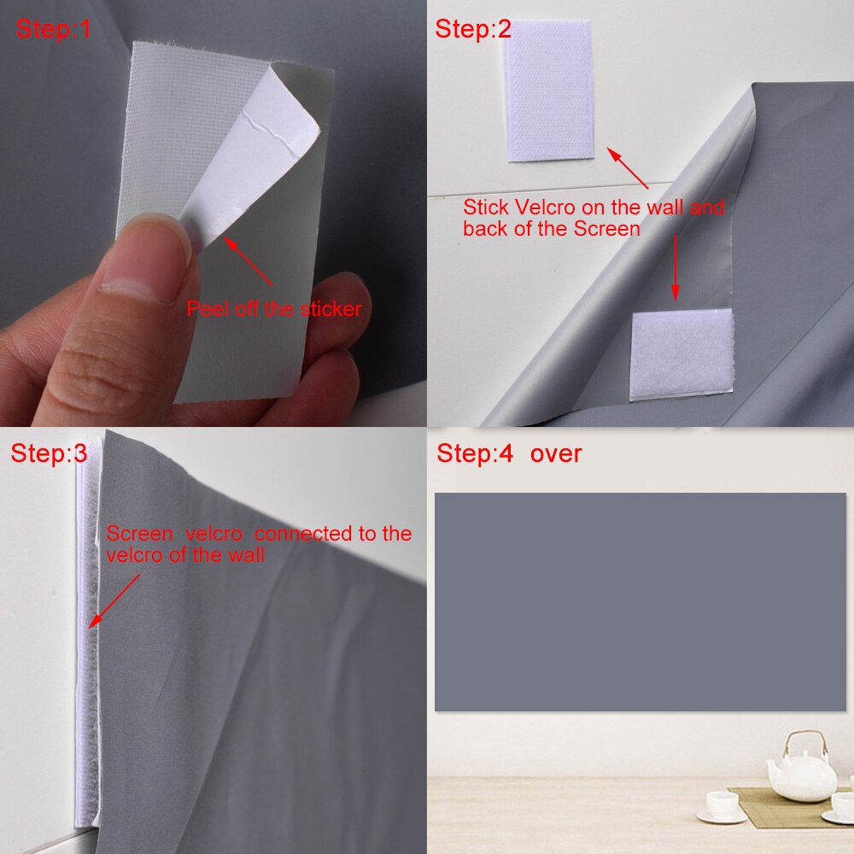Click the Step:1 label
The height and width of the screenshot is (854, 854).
coord(53,29)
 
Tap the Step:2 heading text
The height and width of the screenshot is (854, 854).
coord(473,29)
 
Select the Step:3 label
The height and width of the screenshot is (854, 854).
coord(49,453)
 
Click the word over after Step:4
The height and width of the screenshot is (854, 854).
coord(555,453)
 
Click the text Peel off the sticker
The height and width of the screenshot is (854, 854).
coord(274,309)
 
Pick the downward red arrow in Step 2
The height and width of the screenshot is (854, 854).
coord(675,269)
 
